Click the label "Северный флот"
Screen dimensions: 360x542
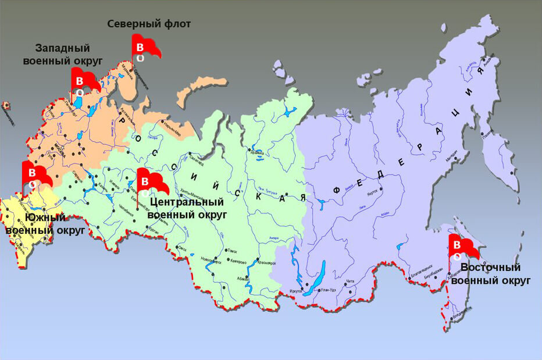pyautogui.click(x=149, y=24)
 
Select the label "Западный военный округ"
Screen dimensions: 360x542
pyautogui.click(x=62, y=54)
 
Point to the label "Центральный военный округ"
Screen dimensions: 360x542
pyautogui.click(x=187, y=208)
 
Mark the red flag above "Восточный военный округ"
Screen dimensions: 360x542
pyautogui.click(x=462, y=247)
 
